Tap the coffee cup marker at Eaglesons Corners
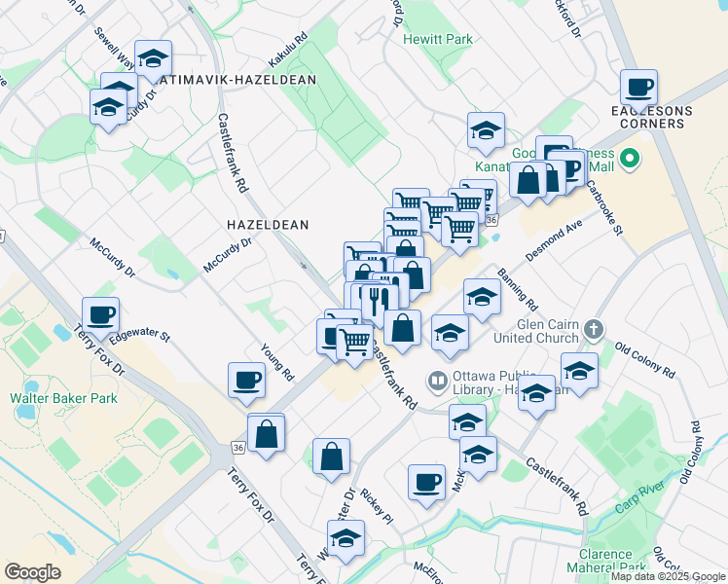639,88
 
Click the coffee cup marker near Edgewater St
100,315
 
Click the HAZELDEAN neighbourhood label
267,225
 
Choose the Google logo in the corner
32,572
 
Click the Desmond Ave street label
554,238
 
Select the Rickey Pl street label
376,507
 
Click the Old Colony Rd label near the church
644,360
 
